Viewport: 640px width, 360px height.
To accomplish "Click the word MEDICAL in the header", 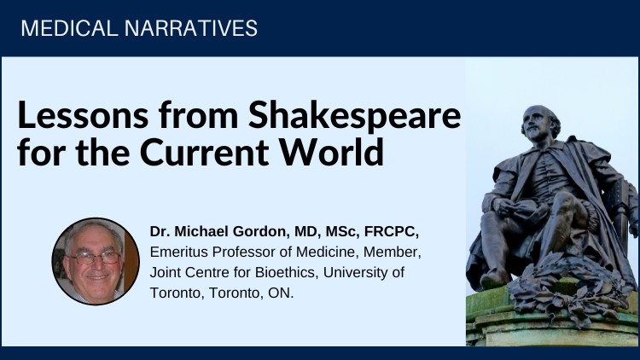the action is pyautogui.click(x=69, y=28).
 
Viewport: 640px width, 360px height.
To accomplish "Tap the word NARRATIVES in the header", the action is pyautogui.click(x=190, y=28).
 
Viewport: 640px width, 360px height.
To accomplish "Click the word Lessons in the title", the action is pyautogui.click(x=83, y=115).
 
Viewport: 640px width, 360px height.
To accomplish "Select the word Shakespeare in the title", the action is pyautogui.click(x=354, y=116).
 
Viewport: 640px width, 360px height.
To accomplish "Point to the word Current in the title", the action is pyautogui.click(x=204, y=152).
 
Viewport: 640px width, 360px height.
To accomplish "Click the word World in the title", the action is pyautogui.click(x=331, y=151).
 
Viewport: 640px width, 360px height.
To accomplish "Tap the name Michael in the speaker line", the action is pyautogui.click(x=201, y=231).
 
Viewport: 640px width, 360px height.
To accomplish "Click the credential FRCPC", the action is pyautogui.click(x=391, y=232).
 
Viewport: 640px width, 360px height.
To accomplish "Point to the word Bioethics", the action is pyautogui.click(x=286, y=272).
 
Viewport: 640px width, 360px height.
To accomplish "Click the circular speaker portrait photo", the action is pyautogui.click(x=96, y=261).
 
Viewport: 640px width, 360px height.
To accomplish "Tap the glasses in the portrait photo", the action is pyautogui.click(x=95, y=258).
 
